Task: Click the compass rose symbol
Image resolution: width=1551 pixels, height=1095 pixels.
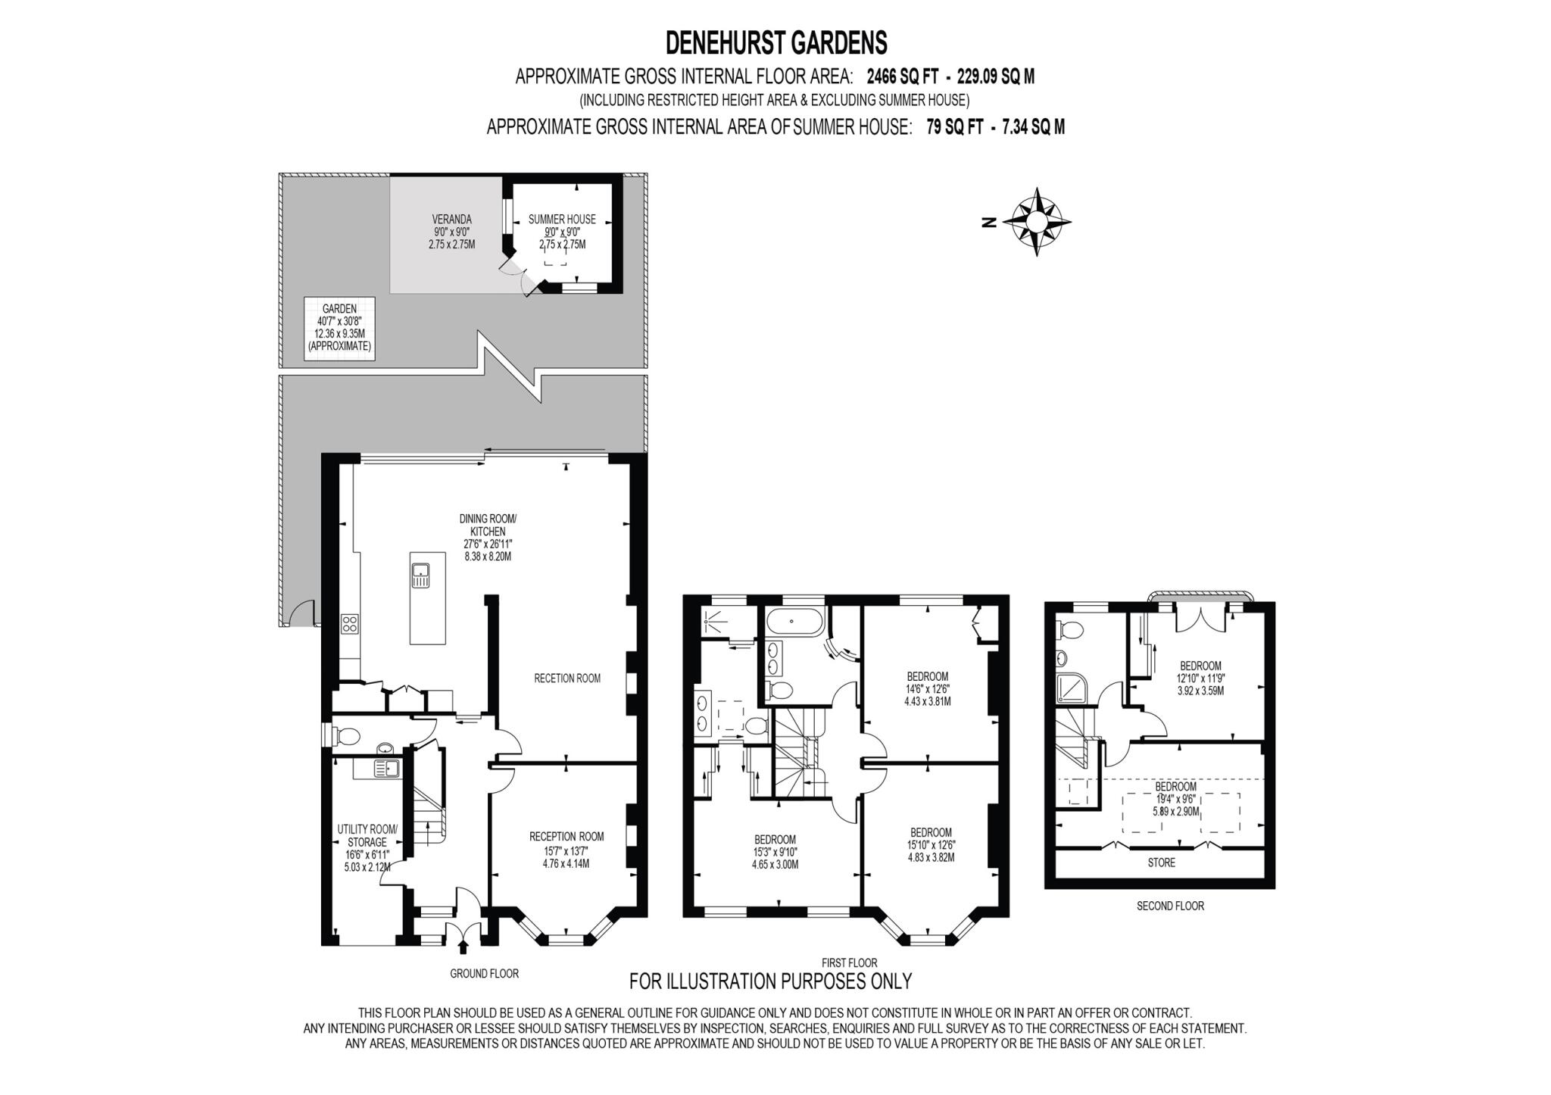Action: click(1036, 222)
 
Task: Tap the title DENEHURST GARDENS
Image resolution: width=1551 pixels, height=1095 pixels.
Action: click(775, 43)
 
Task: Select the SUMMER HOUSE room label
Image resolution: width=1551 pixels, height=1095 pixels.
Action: click(562, 220)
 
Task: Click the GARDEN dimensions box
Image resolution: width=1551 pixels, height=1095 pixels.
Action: click(339, 328)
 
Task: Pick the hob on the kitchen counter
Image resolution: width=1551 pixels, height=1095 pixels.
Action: click(350, 624)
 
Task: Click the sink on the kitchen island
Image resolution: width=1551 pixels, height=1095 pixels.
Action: click(420, 576)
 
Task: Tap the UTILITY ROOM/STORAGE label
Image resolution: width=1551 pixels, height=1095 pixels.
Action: click(367, 836)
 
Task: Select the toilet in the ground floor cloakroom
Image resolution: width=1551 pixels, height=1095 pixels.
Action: click(348, 735)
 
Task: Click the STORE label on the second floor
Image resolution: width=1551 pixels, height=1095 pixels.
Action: click(1161, 863)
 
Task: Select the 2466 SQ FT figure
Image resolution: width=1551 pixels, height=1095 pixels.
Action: click(903, 76)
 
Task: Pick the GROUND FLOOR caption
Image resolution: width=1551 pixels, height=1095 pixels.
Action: click(484, 973)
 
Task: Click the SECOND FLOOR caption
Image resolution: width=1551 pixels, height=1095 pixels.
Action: click(1169, 906)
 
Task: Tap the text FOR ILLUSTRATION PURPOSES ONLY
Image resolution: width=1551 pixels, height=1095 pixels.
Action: click(771, 981)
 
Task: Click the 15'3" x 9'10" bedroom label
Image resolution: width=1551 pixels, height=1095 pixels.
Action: click(775, 851)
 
